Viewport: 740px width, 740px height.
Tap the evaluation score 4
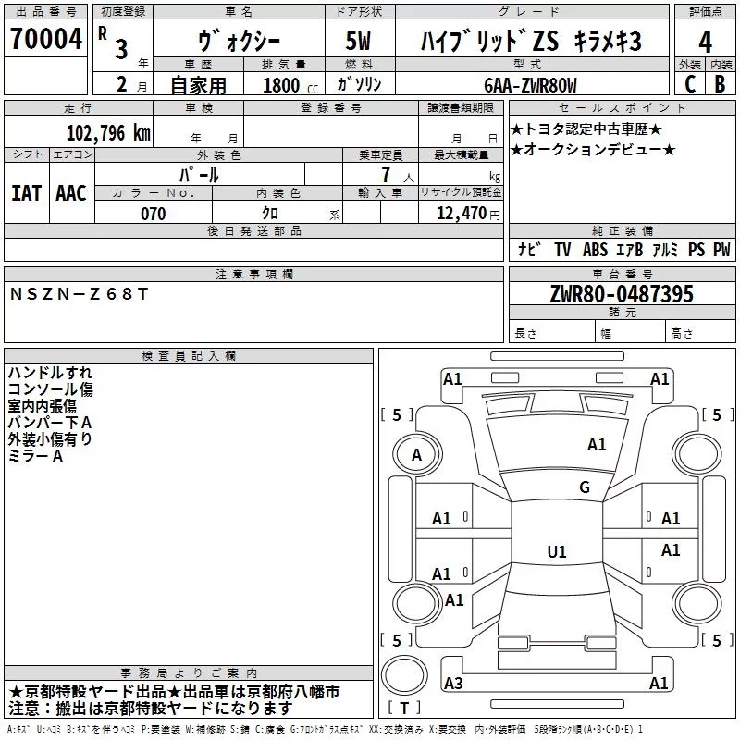click(706, 42)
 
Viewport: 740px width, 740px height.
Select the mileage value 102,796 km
click(108, 132)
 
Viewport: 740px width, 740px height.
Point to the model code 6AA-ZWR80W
click(530, 85)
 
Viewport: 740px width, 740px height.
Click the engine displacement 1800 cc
click(282, 85)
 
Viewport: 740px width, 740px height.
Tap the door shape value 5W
click(360, 42)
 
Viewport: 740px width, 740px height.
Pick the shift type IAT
click(26, 193)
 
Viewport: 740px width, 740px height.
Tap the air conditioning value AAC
click(70, 193)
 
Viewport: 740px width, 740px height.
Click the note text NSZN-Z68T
click(78, 293)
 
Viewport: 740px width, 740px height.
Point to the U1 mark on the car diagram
click(556, 552)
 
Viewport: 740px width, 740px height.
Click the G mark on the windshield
click(584, 487)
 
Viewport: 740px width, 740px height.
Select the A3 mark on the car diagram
click(453, 684)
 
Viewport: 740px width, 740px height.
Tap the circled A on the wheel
click(416, 454)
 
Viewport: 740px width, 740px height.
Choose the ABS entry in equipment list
click(595, 250)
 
